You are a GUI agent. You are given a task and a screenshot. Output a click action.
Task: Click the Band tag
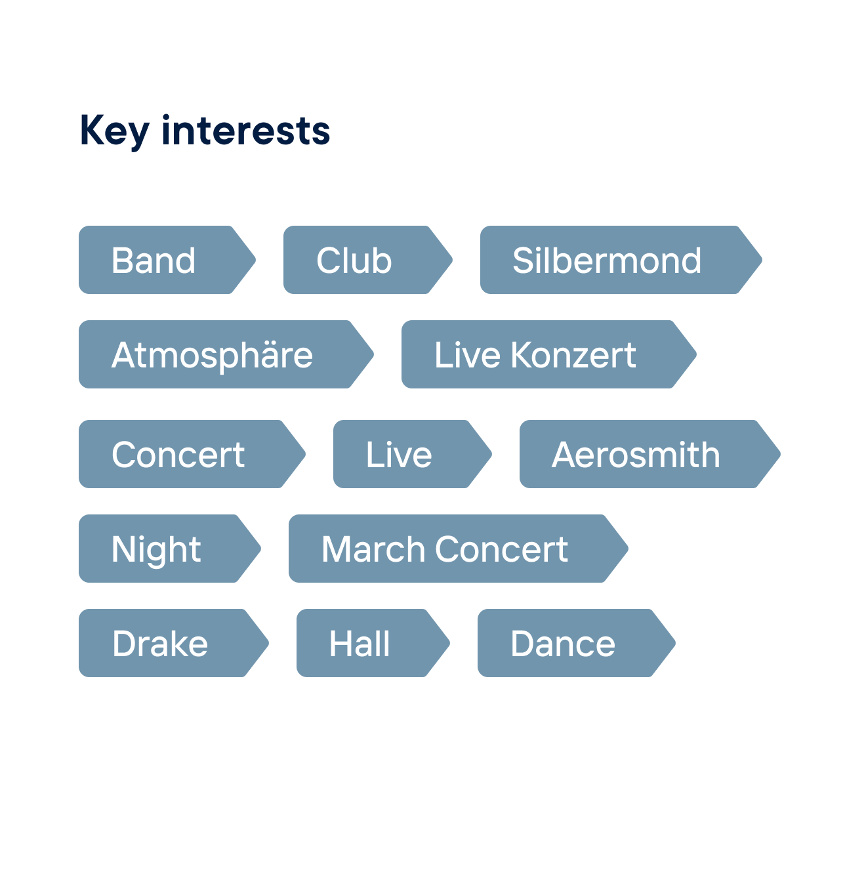point(167,260)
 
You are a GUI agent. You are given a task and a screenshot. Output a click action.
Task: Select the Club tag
point(368,260)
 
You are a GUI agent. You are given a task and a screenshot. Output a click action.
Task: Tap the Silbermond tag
point(621,260)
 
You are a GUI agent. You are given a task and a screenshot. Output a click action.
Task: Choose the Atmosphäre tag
point(226,354)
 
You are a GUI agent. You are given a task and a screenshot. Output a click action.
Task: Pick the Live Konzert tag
point(548,354)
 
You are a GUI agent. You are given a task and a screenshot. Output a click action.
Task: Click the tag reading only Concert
point(192,454)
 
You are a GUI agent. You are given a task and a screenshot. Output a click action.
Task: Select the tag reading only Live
point(413,454)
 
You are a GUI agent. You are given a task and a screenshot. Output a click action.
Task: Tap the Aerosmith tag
point(650,454)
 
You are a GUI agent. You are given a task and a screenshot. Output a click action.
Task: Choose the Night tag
point(170,549)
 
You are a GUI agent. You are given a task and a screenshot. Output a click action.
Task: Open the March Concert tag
point(459,549)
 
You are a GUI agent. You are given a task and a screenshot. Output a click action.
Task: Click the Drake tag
point(174,643)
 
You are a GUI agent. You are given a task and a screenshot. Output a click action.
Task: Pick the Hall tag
point(373,643)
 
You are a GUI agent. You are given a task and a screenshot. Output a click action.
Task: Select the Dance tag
point(577,643)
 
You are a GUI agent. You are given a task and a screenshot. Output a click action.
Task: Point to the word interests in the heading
point(246,131)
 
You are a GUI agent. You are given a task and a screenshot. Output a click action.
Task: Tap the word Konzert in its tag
point(573,355)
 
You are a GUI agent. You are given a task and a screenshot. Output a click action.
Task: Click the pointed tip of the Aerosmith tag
point(780,454)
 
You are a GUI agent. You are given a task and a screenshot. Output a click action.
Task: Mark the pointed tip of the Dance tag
point(675,643)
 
